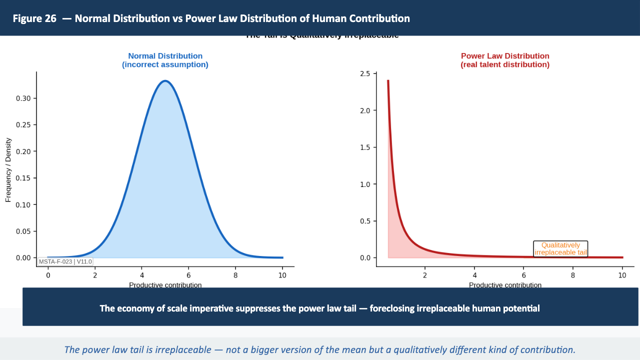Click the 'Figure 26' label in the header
click(x=34, y=19)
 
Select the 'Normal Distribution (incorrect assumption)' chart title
click(x=165, y=60)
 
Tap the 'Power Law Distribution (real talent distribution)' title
click(x=504, y=60)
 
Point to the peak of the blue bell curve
click(x=165, y=81)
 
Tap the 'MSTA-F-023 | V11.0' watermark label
click(x=65, y=261)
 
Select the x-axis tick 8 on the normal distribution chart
click(x=235, y=275)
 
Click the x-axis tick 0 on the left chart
click(x=48, y=275)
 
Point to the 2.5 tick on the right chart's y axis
click(x=364, y=74)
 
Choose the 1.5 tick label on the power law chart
click(x=364, y=147)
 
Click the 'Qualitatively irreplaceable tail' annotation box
click(x=560, y=249)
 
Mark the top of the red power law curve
click(x=388, y=81)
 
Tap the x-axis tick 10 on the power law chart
click(x=622, y=275)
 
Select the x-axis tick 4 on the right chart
click(x=474, y=275)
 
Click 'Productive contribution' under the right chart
click(x=505, y=285)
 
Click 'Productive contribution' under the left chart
click(x=165, y=285)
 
